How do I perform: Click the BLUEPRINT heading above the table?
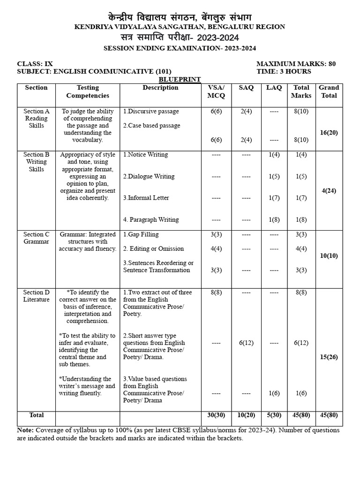[180, 80]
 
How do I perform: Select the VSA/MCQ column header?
[216, 91]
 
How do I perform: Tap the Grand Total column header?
[329, 91]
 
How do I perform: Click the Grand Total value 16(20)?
[329, 133]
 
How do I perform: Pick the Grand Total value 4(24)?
[329, 191]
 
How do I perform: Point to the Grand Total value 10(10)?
[329, 256]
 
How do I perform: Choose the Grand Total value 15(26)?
[329, 357]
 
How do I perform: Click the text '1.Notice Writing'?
[145, 155]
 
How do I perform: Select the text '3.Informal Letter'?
[146, 198]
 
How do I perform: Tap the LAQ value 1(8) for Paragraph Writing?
[274, 219]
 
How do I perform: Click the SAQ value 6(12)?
[246, 343]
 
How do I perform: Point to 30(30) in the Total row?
[216, 415]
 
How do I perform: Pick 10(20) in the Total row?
[246, 415]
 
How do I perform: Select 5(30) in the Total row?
[274, 415]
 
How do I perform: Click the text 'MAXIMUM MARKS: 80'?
[296, 64]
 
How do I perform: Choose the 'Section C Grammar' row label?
[36, 238]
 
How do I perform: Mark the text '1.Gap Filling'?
[141, 234]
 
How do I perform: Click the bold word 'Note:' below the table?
[25, 430]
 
